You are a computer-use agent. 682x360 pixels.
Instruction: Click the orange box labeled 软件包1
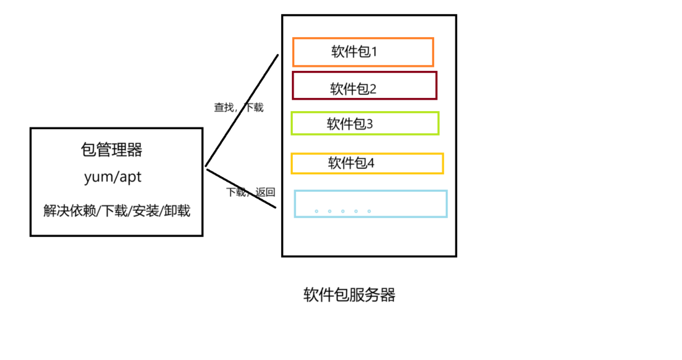pos(363,52)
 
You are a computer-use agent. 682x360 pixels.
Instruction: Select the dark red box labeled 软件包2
pos(364,86)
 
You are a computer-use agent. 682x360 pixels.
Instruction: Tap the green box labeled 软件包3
pos(365,123)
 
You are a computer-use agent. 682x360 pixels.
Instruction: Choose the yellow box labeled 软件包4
pos(367,164)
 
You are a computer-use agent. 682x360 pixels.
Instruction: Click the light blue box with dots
pos(370,204)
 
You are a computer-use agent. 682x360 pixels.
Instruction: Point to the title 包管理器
pos(112,150)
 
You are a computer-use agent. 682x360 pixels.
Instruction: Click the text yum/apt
pos(113,177)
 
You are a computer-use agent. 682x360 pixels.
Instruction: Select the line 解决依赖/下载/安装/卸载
pos(117,211)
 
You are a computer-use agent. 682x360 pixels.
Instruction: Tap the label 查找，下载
pos(239,108)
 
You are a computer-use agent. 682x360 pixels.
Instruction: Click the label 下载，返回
pos(250,192)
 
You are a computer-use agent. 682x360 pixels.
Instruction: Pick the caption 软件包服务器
pos(349,295)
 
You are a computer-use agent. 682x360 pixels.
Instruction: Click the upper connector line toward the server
pos(242,110)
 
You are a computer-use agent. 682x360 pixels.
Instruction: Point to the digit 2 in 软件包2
pos(373,89)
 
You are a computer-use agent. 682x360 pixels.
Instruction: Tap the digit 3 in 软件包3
pos(370,124)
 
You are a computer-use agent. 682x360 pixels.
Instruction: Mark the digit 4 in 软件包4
pos(371,163)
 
